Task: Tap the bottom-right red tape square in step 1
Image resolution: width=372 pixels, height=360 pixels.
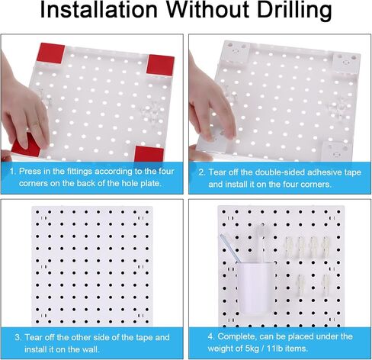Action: pos(149,153)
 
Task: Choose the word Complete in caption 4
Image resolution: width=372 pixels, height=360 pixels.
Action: pos(240,336)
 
